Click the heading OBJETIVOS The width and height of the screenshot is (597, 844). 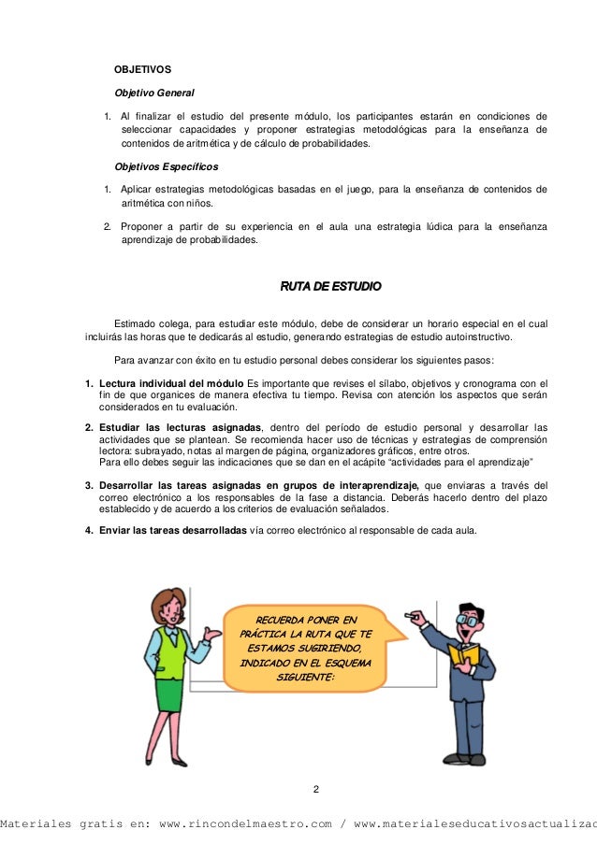pos(141,69)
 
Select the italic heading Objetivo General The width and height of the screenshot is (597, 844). pos(153,93)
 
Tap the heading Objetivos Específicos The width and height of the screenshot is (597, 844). pos(166,166)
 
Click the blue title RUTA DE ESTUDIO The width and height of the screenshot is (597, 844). pos(331,285)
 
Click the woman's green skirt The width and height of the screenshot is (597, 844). pos(169,694)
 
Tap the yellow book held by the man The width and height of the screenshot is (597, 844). pos(463,654)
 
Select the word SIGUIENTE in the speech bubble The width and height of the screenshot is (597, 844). pos(304,678)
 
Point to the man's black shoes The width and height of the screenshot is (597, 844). pos(466,759)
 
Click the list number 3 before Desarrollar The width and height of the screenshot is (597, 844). pos(88,485)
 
